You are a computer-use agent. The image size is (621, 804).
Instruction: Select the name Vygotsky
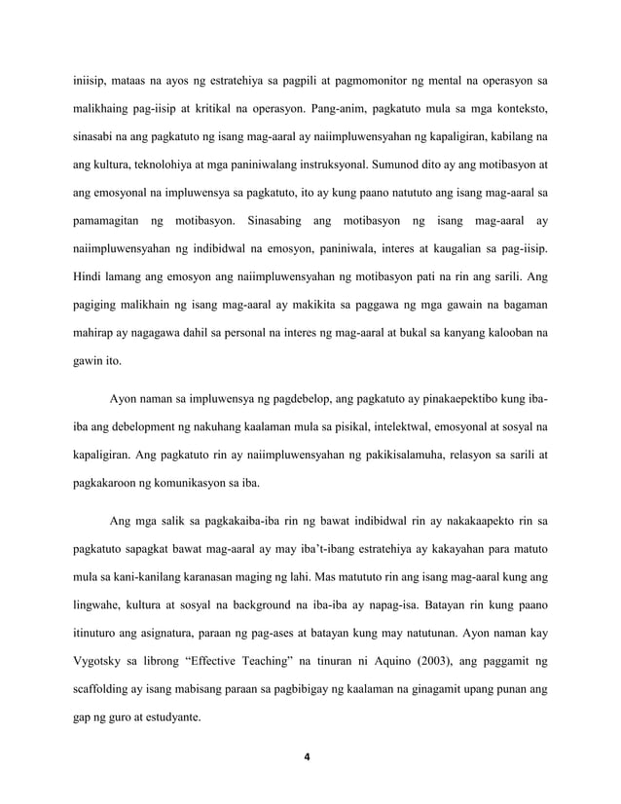click(x=103, y=662)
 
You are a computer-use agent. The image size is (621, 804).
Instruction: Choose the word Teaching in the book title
click(x=260, y=662)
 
